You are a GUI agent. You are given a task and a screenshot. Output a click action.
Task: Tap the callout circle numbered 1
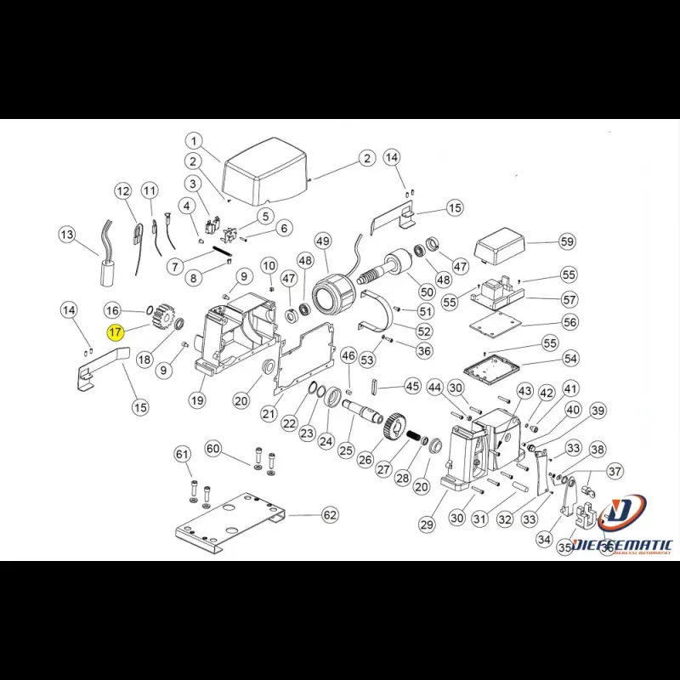[x=194, y=141]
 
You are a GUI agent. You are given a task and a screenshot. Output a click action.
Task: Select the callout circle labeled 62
[x=330, y=515]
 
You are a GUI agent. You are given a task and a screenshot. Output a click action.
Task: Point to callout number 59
[x=567, y=242]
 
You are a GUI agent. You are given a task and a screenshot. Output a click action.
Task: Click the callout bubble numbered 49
[x=323, y=242]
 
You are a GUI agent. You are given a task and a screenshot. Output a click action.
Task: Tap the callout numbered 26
[x=365, y=460]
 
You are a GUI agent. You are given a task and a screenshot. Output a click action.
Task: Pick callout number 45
[x=412, y=386]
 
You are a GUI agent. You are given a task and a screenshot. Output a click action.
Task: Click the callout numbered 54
[x=570, y=360]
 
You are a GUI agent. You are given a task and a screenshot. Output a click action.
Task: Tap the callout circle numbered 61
[x=181, y=456]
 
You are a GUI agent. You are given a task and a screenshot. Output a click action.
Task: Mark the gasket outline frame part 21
[x=306, y=357]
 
